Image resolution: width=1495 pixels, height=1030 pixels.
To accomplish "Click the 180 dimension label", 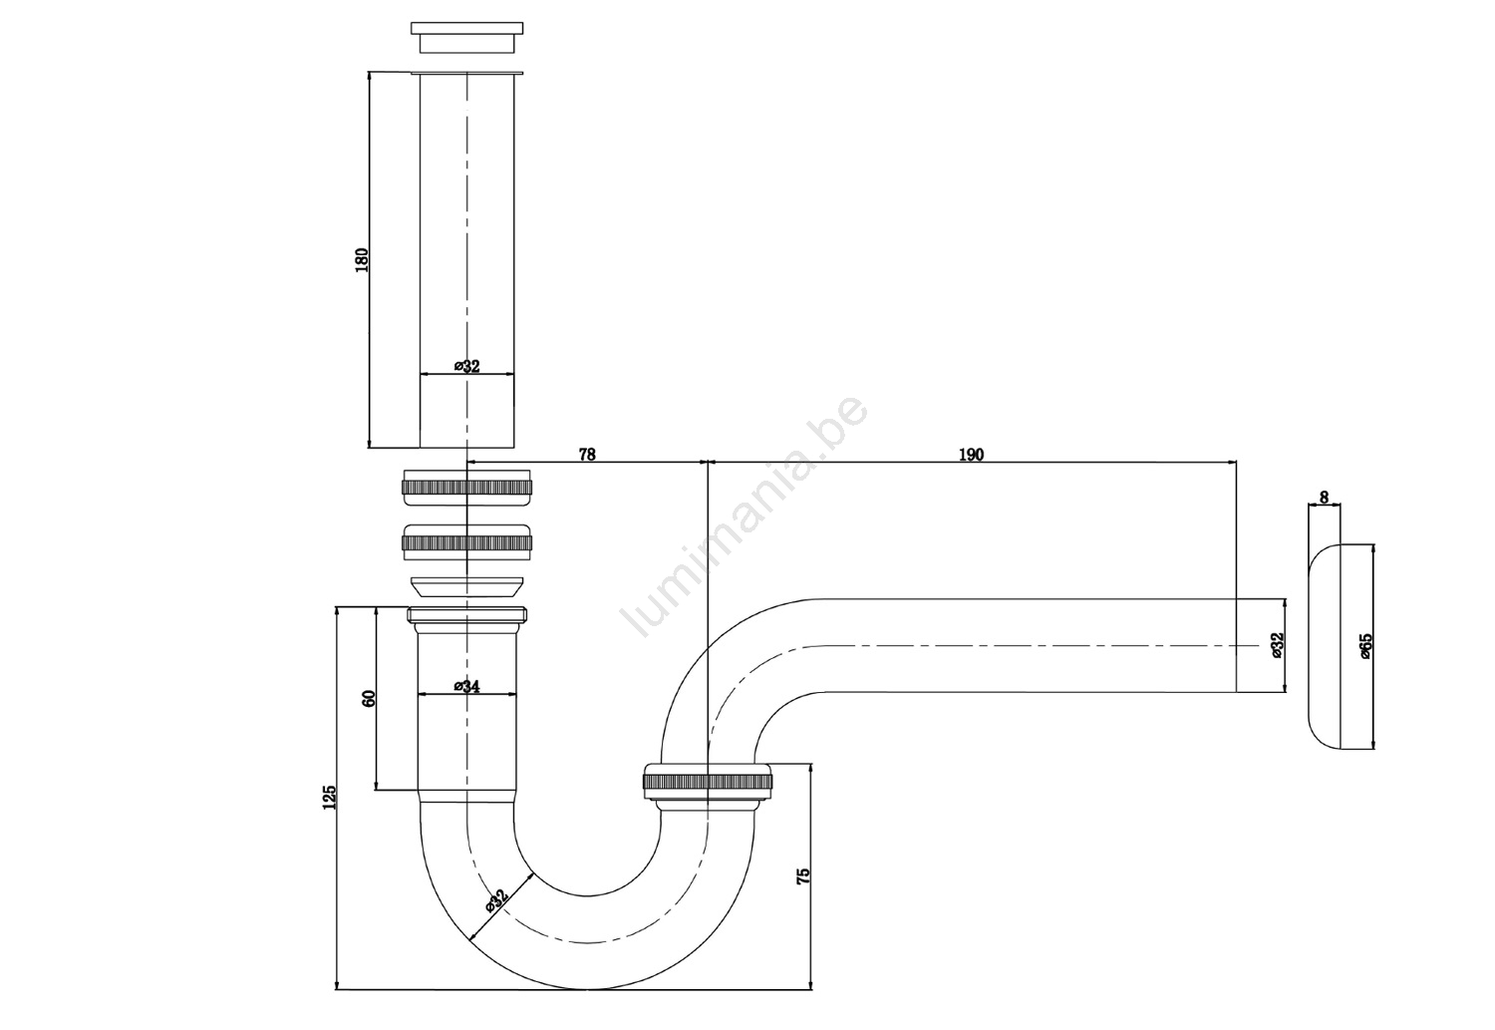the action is click(361, 259).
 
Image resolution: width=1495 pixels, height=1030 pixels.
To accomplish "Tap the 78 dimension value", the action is click(587, 455).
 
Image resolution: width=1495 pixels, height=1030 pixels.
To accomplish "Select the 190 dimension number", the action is click(971, 455).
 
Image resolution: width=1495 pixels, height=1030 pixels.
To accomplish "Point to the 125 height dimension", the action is click(329, 797).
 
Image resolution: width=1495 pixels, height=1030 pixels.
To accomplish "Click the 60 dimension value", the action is click(369, 698).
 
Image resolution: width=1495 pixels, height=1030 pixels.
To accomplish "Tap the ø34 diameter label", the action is click(466, 686).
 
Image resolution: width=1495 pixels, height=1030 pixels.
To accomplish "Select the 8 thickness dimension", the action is click(1325, 498).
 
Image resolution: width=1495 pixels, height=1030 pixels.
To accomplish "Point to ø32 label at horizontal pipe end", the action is click(1278, 645).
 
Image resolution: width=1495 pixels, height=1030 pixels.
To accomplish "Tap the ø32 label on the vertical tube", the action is click(466, 366).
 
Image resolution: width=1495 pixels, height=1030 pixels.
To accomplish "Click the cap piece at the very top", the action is click(466, 37).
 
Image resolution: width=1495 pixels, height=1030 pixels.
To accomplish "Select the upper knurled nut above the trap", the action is click(467, 487).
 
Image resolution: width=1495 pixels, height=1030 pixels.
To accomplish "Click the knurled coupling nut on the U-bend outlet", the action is click(708, 781).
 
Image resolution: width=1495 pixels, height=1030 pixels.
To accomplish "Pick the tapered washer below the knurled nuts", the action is click(467, 586).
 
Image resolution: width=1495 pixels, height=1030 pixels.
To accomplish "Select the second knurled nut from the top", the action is click(467, 542).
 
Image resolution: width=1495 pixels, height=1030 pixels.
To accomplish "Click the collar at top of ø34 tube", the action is click(467, 619).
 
